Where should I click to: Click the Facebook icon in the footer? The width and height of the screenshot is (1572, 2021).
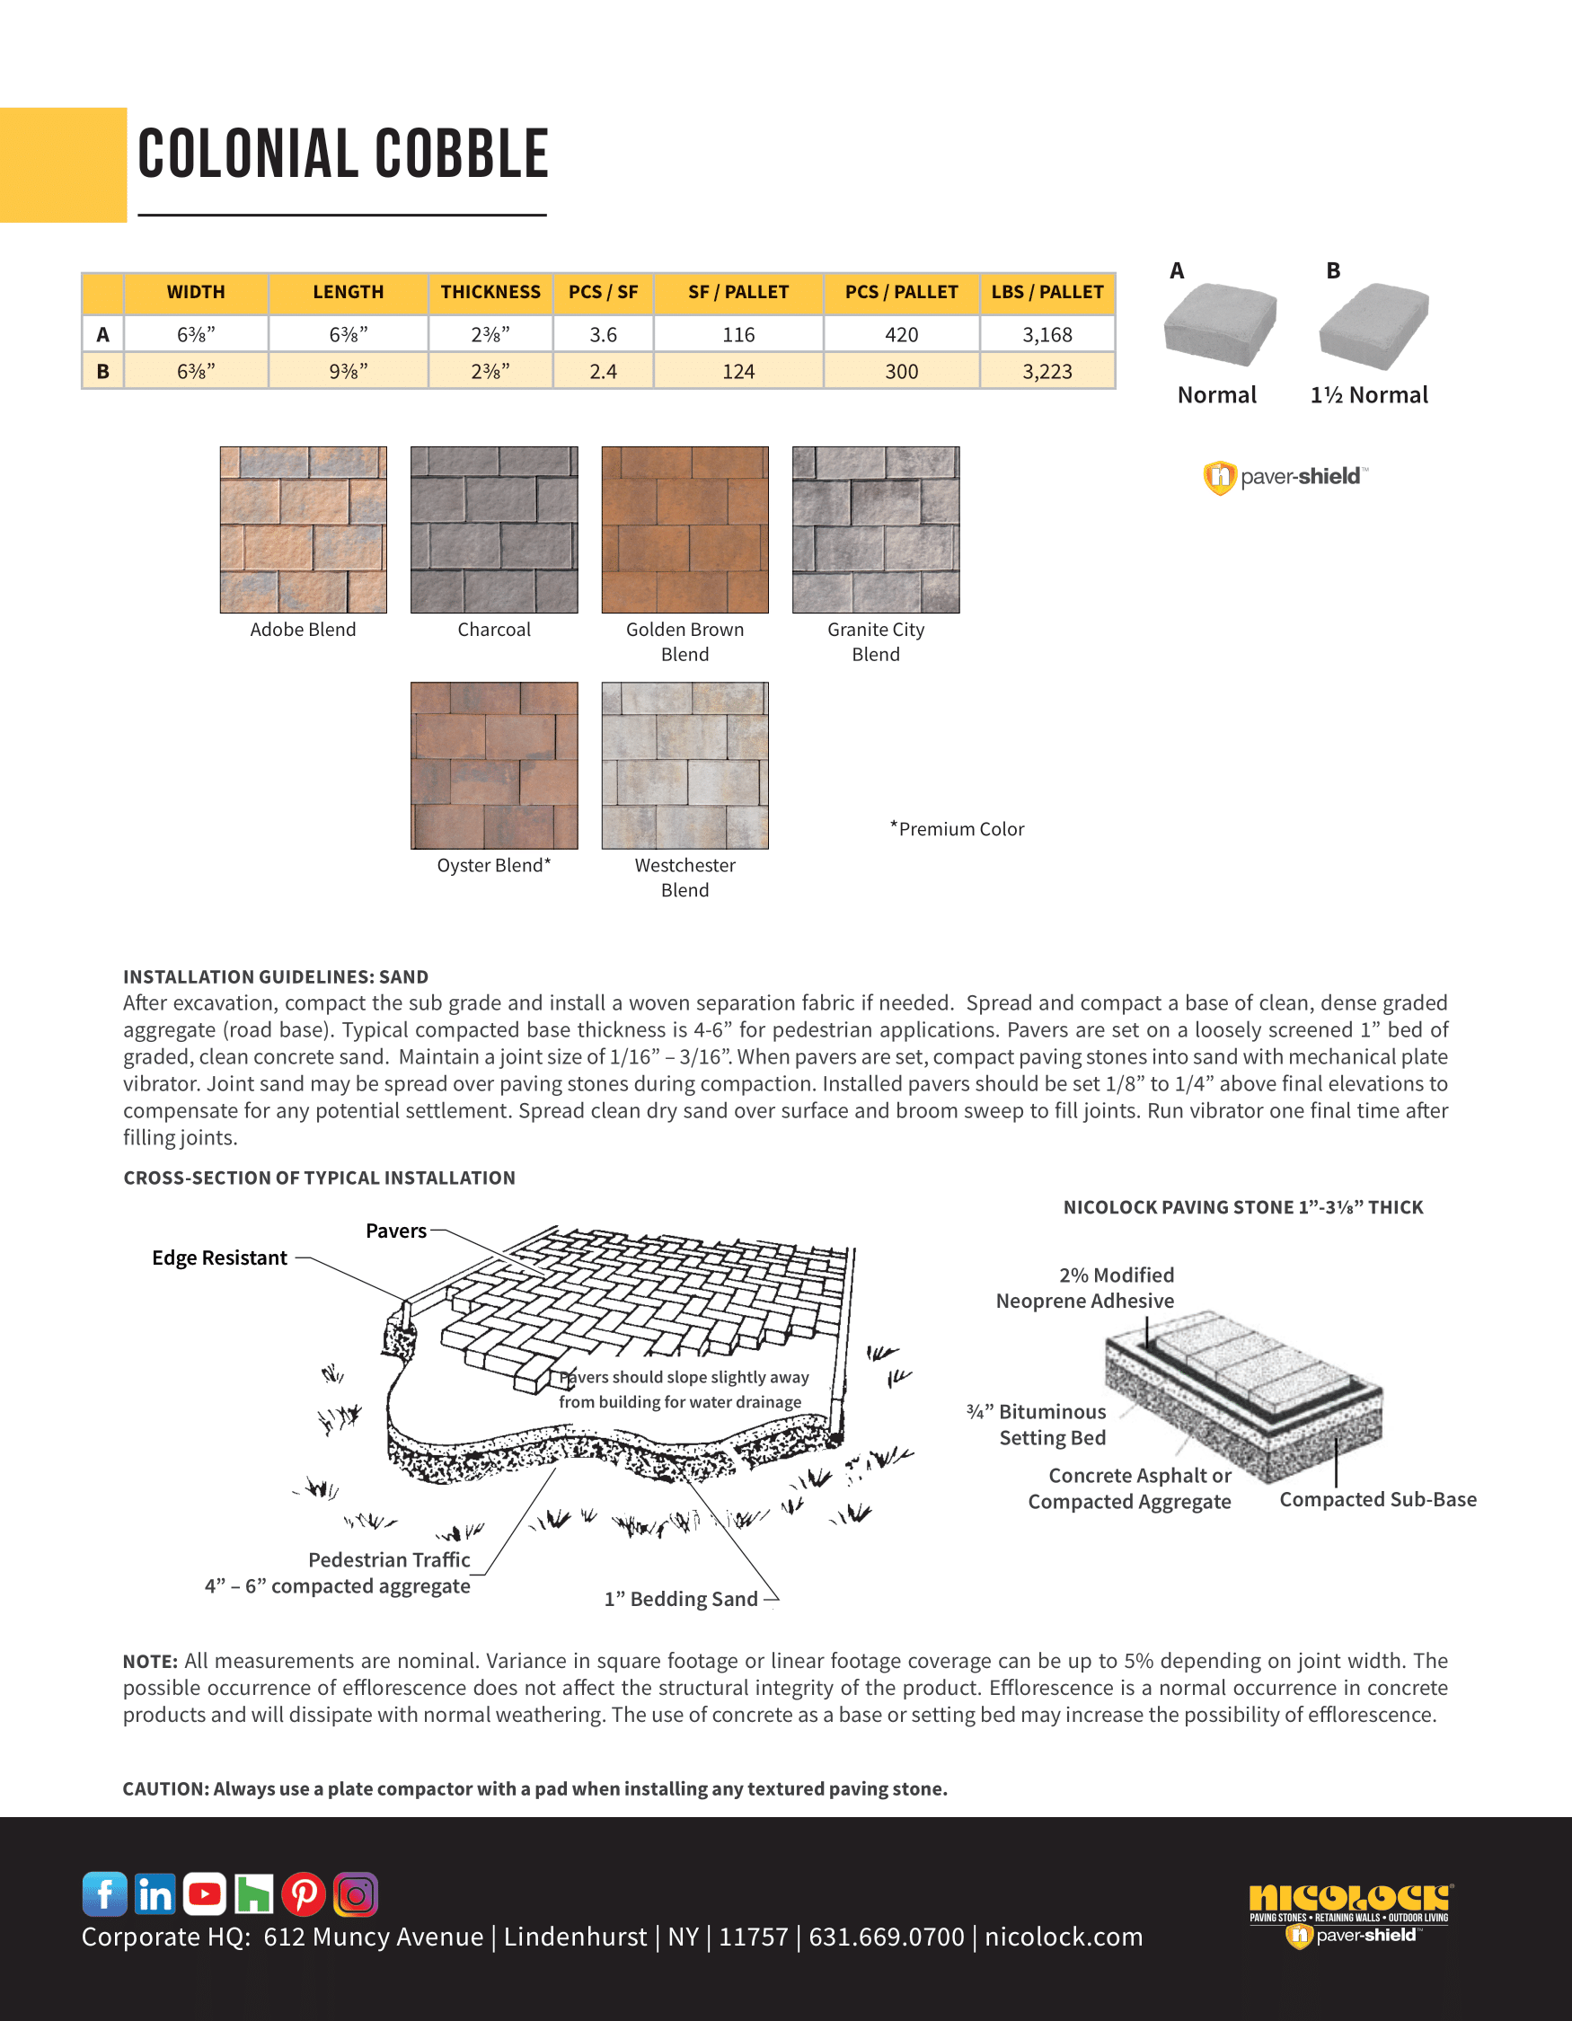[104, 1893]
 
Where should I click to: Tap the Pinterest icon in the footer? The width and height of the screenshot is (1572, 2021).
[305, 1893]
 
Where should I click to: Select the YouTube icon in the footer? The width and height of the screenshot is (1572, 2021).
[205, 1893]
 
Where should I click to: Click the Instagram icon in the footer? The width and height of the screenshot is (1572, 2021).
[356, 1893]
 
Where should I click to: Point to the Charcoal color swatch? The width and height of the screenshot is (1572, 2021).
[494, 529]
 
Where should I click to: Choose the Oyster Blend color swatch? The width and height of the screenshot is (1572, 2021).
[494, 765]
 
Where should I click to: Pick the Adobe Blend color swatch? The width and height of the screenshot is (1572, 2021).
[303, 529]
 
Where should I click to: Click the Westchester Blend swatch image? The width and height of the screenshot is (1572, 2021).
[684, 765]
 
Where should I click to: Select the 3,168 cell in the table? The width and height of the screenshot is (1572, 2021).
[1047, 334]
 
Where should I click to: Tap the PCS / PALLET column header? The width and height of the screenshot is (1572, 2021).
[901, 293]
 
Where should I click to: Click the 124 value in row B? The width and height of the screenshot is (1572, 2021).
[738, 371]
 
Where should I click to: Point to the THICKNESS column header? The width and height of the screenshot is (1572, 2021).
[490, 293]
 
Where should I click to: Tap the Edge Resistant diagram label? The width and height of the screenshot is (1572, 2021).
[219, 1258]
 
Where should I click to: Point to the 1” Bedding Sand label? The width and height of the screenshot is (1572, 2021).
[681, 1599]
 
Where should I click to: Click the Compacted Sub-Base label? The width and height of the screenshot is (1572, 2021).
[1378, 1499]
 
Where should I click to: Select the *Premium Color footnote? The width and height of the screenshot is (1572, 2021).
[958, 829]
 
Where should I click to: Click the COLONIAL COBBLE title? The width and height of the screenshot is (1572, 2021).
[343, 154]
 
